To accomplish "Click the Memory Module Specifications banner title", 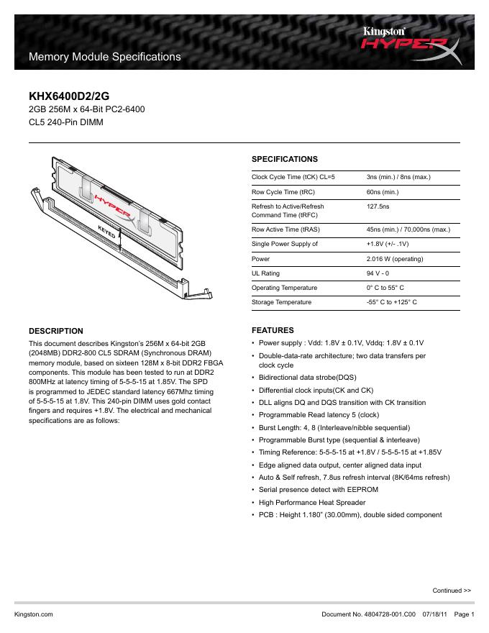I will [x=104, y=56].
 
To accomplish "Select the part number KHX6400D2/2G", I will [x=69, y=95].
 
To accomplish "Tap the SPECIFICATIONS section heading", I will [x=284, y=159].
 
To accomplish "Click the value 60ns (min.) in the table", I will [x=383, y=193].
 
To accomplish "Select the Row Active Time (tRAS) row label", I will [x=285, y=229].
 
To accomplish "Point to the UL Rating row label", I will [x=265, y=273].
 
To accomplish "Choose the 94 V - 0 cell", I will [x=378, y=273].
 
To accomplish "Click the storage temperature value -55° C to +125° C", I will [x=391, y=302].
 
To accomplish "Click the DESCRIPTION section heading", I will [x=55, y=331].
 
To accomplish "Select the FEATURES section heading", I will [x=272, y=330].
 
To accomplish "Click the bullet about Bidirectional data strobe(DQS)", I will [x=307, y=378].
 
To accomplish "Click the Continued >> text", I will [x=452, y=591].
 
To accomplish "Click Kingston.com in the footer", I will [x=34, y=614].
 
